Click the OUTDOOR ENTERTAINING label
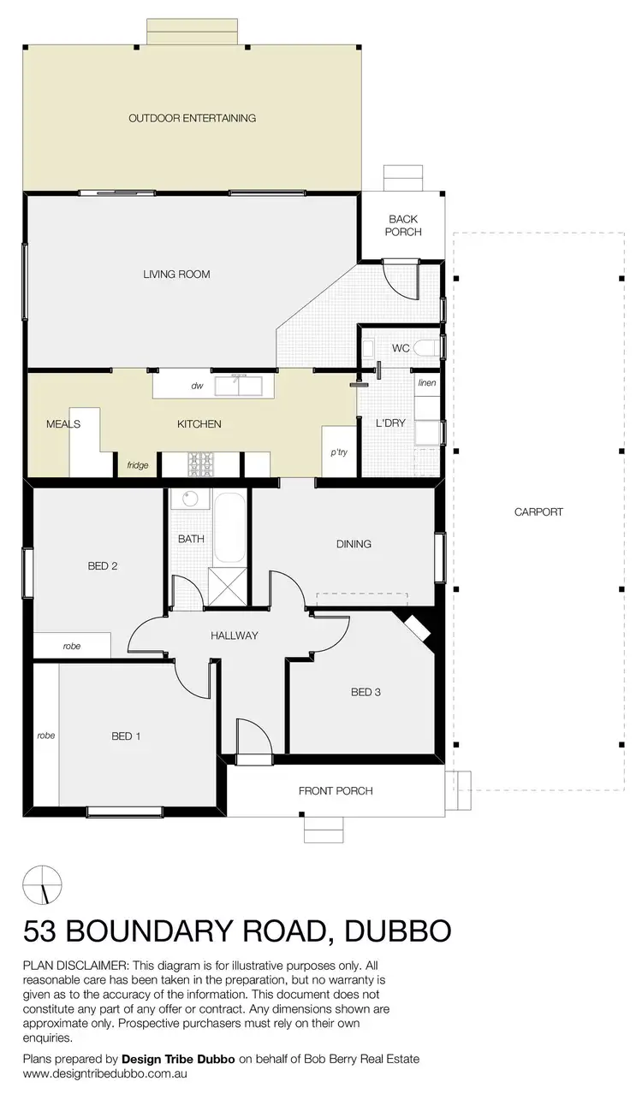[x=192, y=118]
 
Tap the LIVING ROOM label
[x=176, y=275]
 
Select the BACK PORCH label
[x=403, y=226]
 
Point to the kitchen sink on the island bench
[x=239, y=386]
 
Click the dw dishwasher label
[x=196, y=387]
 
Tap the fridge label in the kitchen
[x=137, y=465]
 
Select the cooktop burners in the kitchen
[x=202, y=464]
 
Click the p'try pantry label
[x=340, y=452]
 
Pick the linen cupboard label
[x=427, y=383]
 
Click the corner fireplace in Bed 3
[x=417, y=628]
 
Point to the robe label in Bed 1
[x=46, y=735]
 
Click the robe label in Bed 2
[x=72, y=647]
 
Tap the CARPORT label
[x=538, y=512]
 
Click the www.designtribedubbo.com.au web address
[x=104, y=1073]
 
